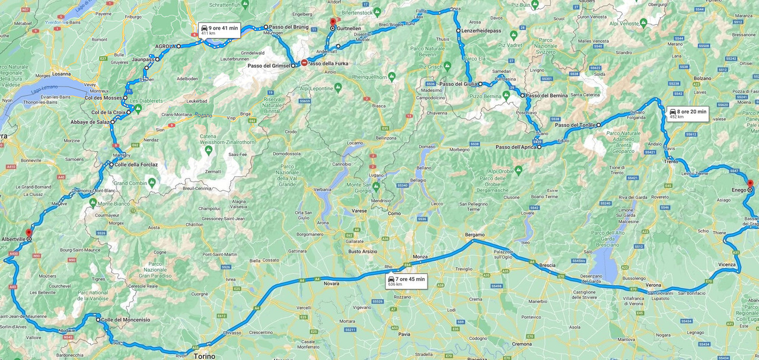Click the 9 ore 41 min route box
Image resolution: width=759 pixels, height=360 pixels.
[x=219, y=30]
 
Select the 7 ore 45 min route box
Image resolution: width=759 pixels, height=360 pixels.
[x=406, y=281]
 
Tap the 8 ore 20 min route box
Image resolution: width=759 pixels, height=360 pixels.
[x=688, y=114]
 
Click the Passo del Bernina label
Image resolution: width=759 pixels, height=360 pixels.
[x=546, y=95]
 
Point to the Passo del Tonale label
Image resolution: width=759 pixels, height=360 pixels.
[x=575, y=125]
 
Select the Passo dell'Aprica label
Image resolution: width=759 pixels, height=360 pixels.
[x=515, y=147]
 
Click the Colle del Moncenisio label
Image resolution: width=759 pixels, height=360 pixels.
[x=125, y=320]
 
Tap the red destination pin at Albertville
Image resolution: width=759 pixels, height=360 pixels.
[x=28, y=233]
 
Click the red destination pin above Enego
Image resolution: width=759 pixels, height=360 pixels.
[x=750, y=184]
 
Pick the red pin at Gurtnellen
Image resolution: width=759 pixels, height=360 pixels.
[x=333, y=22]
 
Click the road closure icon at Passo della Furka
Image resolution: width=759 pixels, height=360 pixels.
[x=304, y=63]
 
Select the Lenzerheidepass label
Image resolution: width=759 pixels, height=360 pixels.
[x=482, y=30]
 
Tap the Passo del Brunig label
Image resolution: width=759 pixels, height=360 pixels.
[x=289, y=27]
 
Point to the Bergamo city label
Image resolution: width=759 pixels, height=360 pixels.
[x=474, y=235]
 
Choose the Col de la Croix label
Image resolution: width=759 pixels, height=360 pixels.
[x=109, y=112]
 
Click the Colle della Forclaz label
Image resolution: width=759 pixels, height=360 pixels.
[x=136, y=165]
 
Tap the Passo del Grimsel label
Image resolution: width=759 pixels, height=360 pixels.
[x=269, y=66]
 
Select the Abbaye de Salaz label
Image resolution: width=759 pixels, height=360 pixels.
[x=90, y=122]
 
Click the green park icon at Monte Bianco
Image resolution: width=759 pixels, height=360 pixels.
[x=93, y=202]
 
